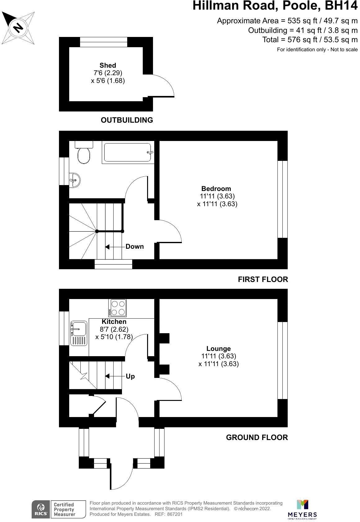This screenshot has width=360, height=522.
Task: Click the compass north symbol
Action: (18, 28)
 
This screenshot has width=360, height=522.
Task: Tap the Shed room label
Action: (108, 66)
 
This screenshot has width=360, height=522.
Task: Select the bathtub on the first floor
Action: (128, 152)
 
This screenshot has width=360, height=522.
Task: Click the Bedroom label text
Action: (216, 188)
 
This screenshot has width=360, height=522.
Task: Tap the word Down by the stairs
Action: (135, 247)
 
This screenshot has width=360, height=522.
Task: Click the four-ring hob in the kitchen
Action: (118, 308)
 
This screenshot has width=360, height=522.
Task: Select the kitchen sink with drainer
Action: (79, 333)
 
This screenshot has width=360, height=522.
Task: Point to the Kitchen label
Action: (114, 322)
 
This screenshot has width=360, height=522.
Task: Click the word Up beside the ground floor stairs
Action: (130, 376)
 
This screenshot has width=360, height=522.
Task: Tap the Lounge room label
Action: (218, 349)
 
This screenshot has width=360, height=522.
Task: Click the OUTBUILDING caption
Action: (127, 120)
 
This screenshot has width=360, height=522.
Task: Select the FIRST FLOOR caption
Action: (263, 279)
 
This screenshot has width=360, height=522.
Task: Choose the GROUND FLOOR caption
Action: (257, 438)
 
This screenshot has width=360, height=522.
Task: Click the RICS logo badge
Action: (41, 509)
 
